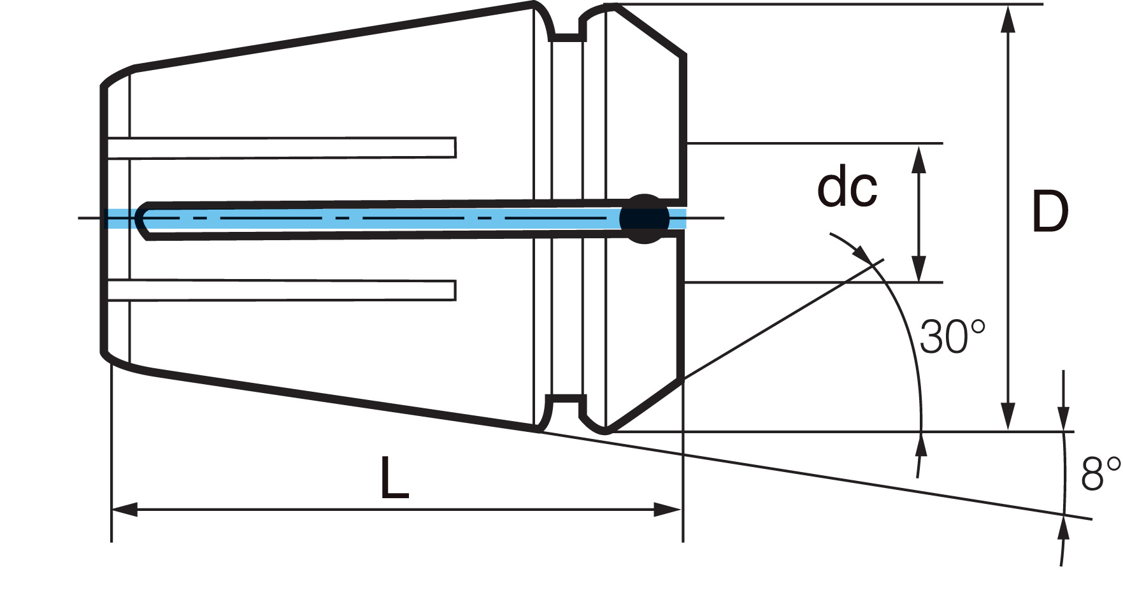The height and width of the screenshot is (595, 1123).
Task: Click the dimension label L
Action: [394, 478]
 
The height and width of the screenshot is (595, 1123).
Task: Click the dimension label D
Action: [1050, 212]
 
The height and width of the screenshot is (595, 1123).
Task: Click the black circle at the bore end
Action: [645, 219]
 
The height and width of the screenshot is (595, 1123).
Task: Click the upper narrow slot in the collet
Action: [282, 147]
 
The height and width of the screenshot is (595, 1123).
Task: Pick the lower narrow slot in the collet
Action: [282, 290]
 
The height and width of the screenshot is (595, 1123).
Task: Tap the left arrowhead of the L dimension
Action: [125, 510]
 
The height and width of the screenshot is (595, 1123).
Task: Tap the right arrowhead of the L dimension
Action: [669, 510]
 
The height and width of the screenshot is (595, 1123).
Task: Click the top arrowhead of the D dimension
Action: [1008, 18]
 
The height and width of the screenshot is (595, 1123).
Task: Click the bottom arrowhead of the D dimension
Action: [1008, 417]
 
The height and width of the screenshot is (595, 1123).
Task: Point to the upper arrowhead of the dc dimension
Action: [919, 159]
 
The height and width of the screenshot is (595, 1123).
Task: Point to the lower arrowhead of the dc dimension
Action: [919, 268]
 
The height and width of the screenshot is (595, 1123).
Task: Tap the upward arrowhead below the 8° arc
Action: [1063, 530]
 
